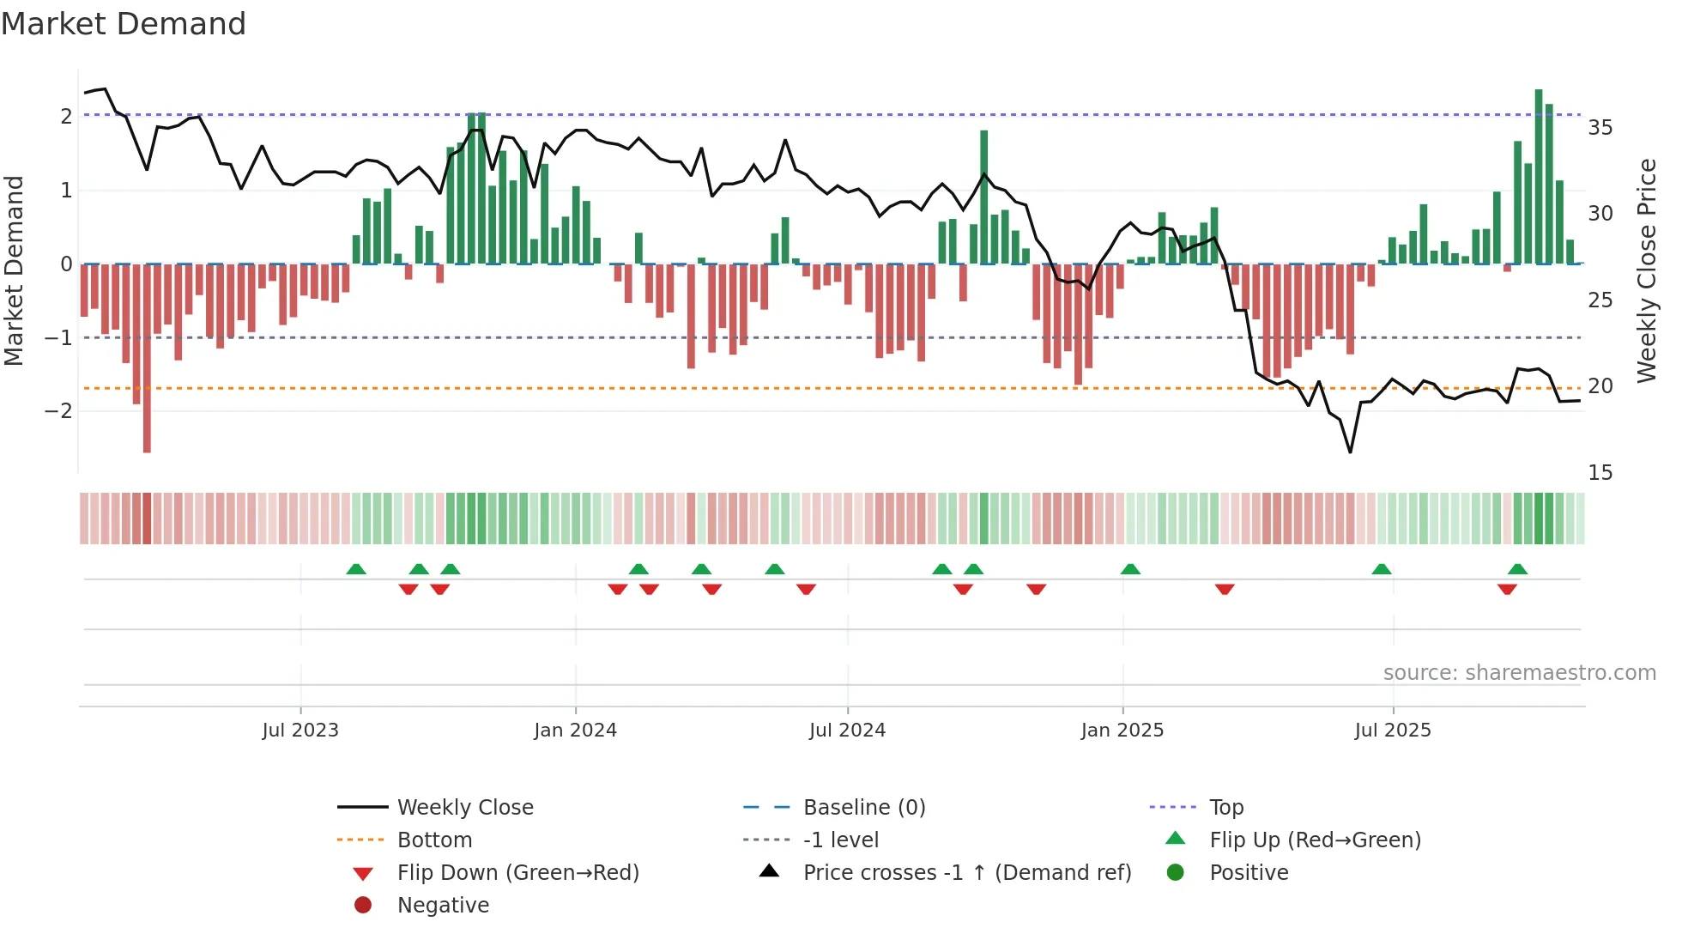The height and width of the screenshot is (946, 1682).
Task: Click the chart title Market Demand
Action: point(124,24)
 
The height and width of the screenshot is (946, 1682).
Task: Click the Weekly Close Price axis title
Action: point(1646,270)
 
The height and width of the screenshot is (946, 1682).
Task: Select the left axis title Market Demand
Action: point(14,270)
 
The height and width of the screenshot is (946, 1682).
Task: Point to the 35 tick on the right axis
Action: point(1600,128)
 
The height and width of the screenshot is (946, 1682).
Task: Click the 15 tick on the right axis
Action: point(1600,473)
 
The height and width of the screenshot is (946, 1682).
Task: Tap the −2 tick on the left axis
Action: point(58,411)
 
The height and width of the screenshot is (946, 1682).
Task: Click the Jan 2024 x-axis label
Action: point(575,731)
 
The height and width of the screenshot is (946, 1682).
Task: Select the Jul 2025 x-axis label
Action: point(1393,731)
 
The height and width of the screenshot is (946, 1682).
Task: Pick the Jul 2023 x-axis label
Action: point(300,731)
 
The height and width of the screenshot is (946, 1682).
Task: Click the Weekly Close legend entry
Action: point(464,808)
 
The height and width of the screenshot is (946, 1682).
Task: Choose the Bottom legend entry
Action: point(434,840)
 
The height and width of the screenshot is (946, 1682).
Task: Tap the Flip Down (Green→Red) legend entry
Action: point(517,873)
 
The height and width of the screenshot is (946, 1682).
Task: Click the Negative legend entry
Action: point(443,906)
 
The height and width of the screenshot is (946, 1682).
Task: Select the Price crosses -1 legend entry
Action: point(966,873)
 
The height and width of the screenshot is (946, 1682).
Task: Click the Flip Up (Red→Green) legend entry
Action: point(1315,840)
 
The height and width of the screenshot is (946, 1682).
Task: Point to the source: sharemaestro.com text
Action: point(1519,673)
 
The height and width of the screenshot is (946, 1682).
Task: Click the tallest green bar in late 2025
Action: point(1539,176)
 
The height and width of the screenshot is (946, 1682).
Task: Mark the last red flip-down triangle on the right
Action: point(1507,589)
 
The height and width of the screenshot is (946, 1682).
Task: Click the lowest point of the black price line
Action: point(1350,452)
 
